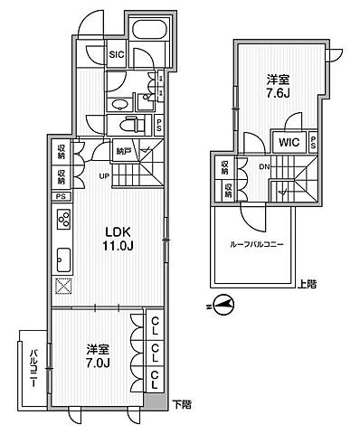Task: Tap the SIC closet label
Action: click(x=117, y=54)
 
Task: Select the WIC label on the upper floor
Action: click(x=289, y=141)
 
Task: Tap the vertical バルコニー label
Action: click(x=32, y=370)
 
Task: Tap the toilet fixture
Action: click(x=129, y=125)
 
